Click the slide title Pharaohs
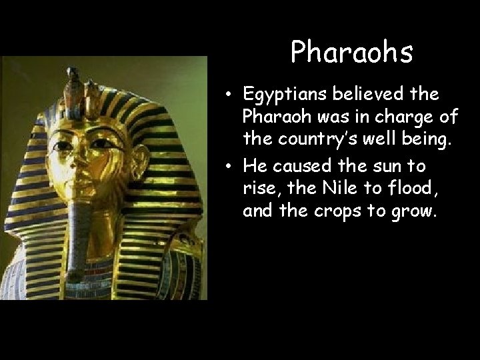click(351, 53)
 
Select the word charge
click(408, 118)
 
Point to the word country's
click(313, 140)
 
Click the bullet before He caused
click(228, 164)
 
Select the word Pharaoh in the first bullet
click(273, 118)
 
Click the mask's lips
click(79, 176)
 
